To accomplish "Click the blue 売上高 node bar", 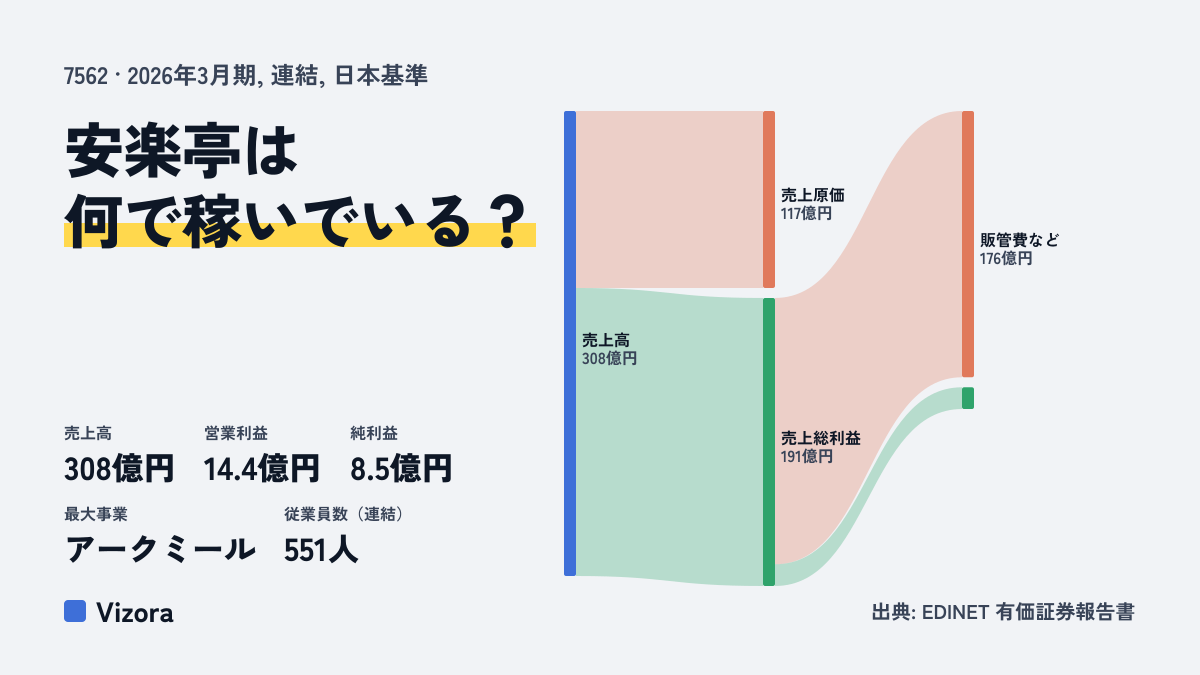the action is click(x=570, y=343).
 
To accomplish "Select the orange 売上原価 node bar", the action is click(x=769, y=199).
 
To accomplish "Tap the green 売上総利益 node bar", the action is click(x=769, y=442).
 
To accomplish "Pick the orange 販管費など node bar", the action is click(x=968, y=244).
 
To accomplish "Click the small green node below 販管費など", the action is click(x=968, y=398).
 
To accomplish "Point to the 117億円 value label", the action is click(x=806, y=214).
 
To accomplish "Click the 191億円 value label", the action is click(x=806, y=456).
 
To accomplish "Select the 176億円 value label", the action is click(x=1006, y=259).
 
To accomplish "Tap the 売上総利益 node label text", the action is click(x=820, y=438).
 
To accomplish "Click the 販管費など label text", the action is click(x=1019, y=240).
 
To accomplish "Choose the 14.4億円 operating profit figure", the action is click(x=261, y=469).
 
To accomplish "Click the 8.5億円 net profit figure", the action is click(x=401, y=469).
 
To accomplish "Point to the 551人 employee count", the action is click(x=320, y=550).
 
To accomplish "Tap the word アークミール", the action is click(x=160, y=550).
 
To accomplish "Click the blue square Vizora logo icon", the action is click(x=75, y=611).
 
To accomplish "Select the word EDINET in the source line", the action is click(x=955, y=612).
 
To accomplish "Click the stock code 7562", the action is click(x=86, y=76).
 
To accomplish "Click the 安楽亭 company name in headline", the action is click(x=153, y=151).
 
